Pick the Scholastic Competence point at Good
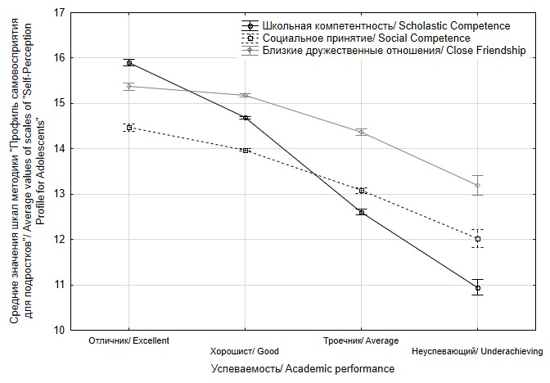tap(246, 118)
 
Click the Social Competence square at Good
tap(246, 151)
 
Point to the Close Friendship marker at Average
tap(362, 132)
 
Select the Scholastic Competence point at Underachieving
tap(478, 288)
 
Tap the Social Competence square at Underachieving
tap(478, 239)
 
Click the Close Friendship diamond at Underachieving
tap(478, 185)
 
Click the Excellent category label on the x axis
tap(128, 340)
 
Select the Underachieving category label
tap(478, 352)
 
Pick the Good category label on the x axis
tap(245, 352)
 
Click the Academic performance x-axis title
tap(303, 369)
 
